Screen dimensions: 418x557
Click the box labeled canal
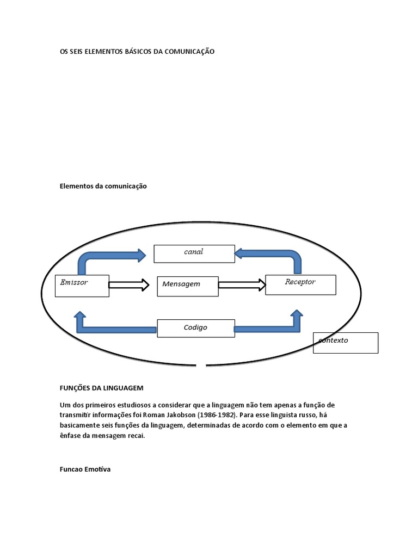point(194,254)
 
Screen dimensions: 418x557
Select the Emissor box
point(82,286)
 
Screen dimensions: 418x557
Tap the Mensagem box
point(188,286)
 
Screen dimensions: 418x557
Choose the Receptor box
point(300,285)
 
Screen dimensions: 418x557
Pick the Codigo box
point(196,328)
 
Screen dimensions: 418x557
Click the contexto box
point(346,343)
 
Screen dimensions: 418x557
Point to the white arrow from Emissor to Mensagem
point(129,285)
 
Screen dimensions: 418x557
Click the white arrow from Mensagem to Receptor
point(242,285)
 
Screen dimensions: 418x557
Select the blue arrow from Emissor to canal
point(107,256)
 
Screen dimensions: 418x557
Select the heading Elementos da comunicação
point(103,186)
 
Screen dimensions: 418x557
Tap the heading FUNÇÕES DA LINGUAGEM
point(102,388)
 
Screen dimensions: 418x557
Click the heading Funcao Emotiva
point(85,469)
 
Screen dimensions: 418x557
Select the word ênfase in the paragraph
point(70,436)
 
